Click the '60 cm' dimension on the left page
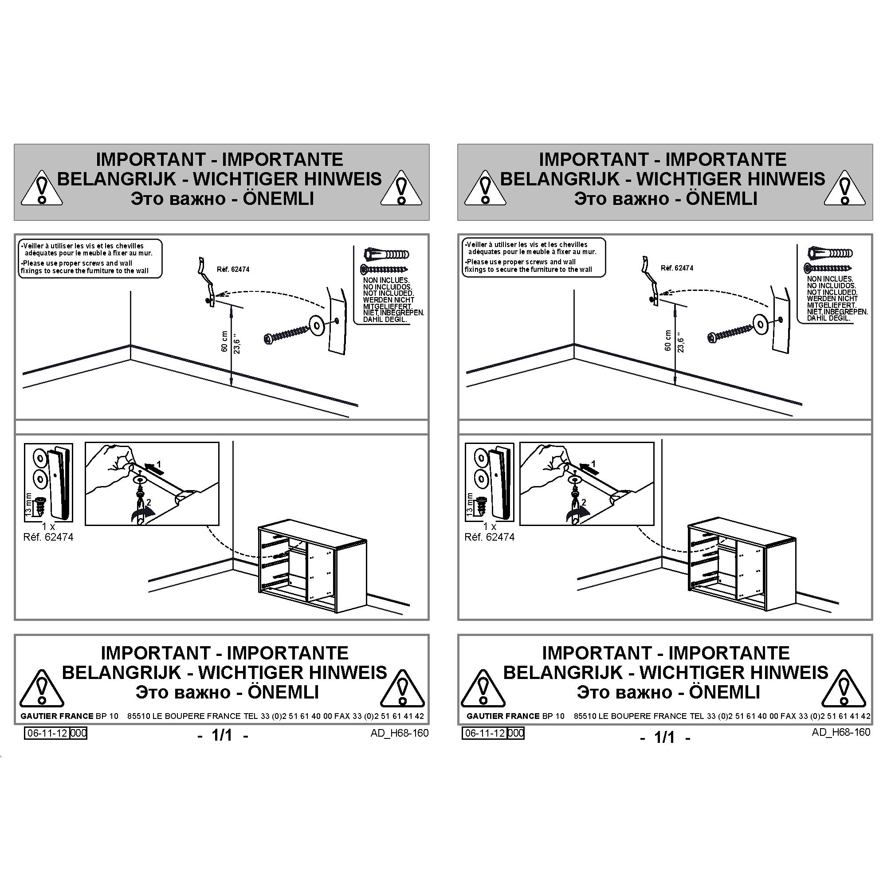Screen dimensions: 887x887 [x=224, y=341]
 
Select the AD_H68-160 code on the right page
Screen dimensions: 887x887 [x=841, y=732]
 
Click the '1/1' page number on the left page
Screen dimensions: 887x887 [x=222, y=735]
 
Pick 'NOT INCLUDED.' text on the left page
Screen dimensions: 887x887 [x=389, y=293]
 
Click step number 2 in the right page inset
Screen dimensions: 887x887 [x=584, y=503]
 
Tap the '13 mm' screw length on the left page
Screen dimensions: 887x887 [x=29, y=505]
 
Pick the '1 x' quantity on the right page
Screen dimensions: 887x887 [x=490, y=526]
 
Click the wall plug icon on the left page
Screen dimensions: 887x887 [x=386, y=254]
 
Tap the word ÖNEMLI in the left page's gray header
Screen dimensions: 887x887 [x=278, y=199]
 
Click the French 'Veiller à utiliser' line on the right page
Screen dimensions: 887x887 [x=526, y=245]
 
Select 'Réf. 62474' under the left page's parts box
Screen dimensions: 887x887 [x=48, y=537]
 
